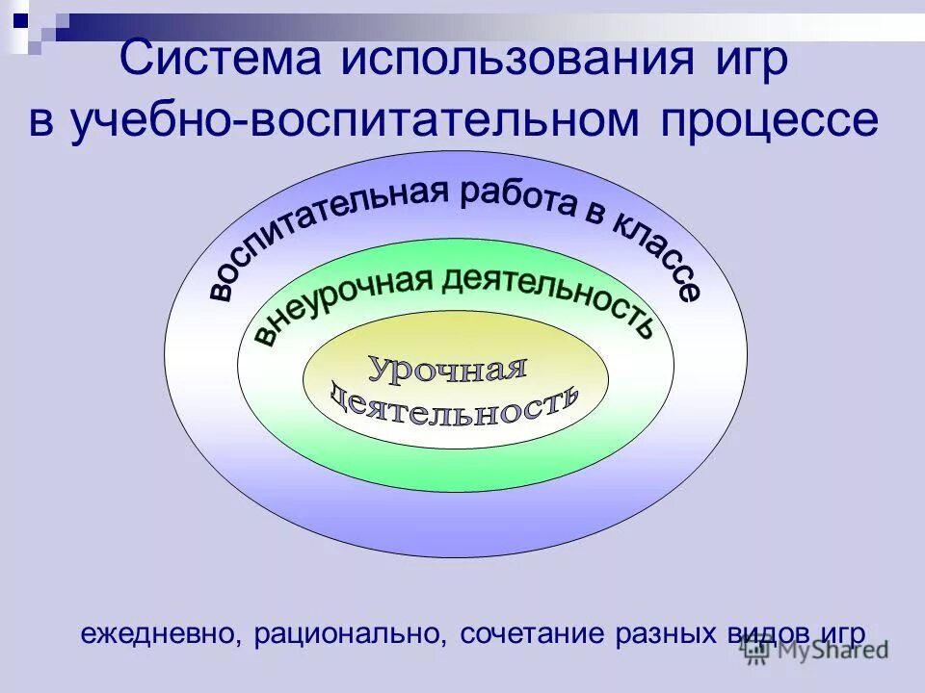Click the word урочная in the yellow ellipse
(449, 368)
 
